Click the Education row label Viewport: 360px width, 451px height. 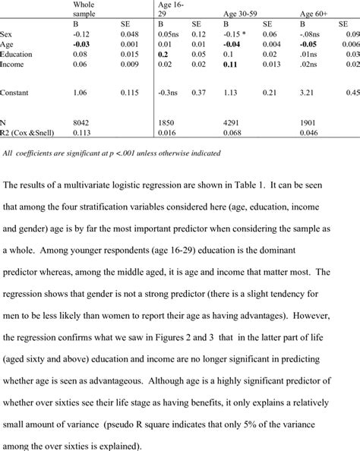pos(17,55)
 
